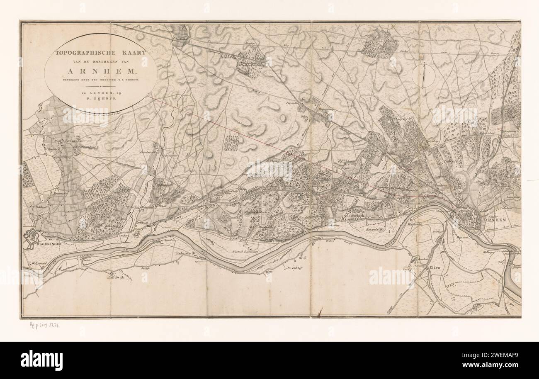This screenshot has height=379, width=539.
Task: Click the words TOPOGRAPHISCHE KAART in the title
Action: [101, 53]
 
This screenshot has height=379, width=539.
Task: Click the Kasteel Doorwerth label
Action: [248, 252]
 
